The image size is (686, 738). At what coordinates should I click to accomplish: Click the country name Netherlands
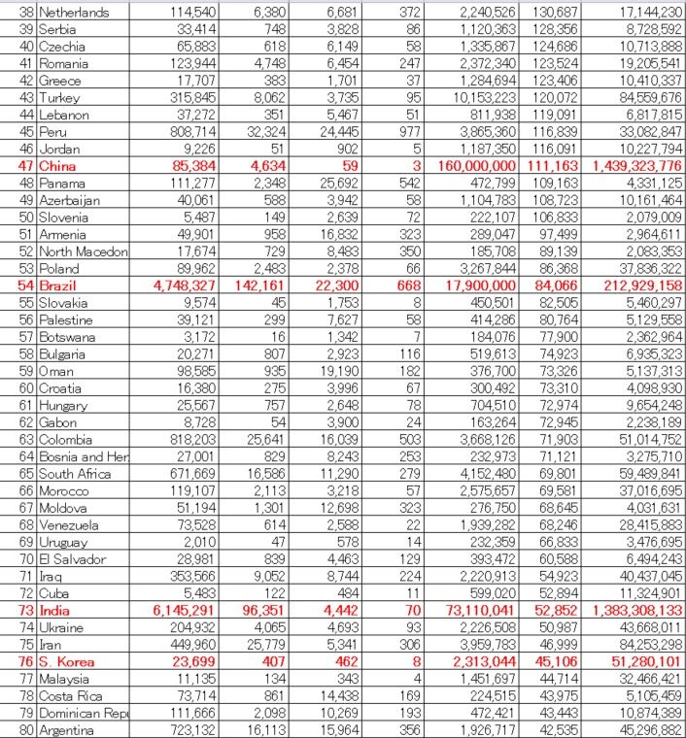74,13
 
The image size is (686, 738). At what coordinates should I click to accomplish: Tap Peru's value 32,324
257,131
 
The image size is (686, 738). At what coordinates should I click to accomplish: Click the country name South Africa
75,474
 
